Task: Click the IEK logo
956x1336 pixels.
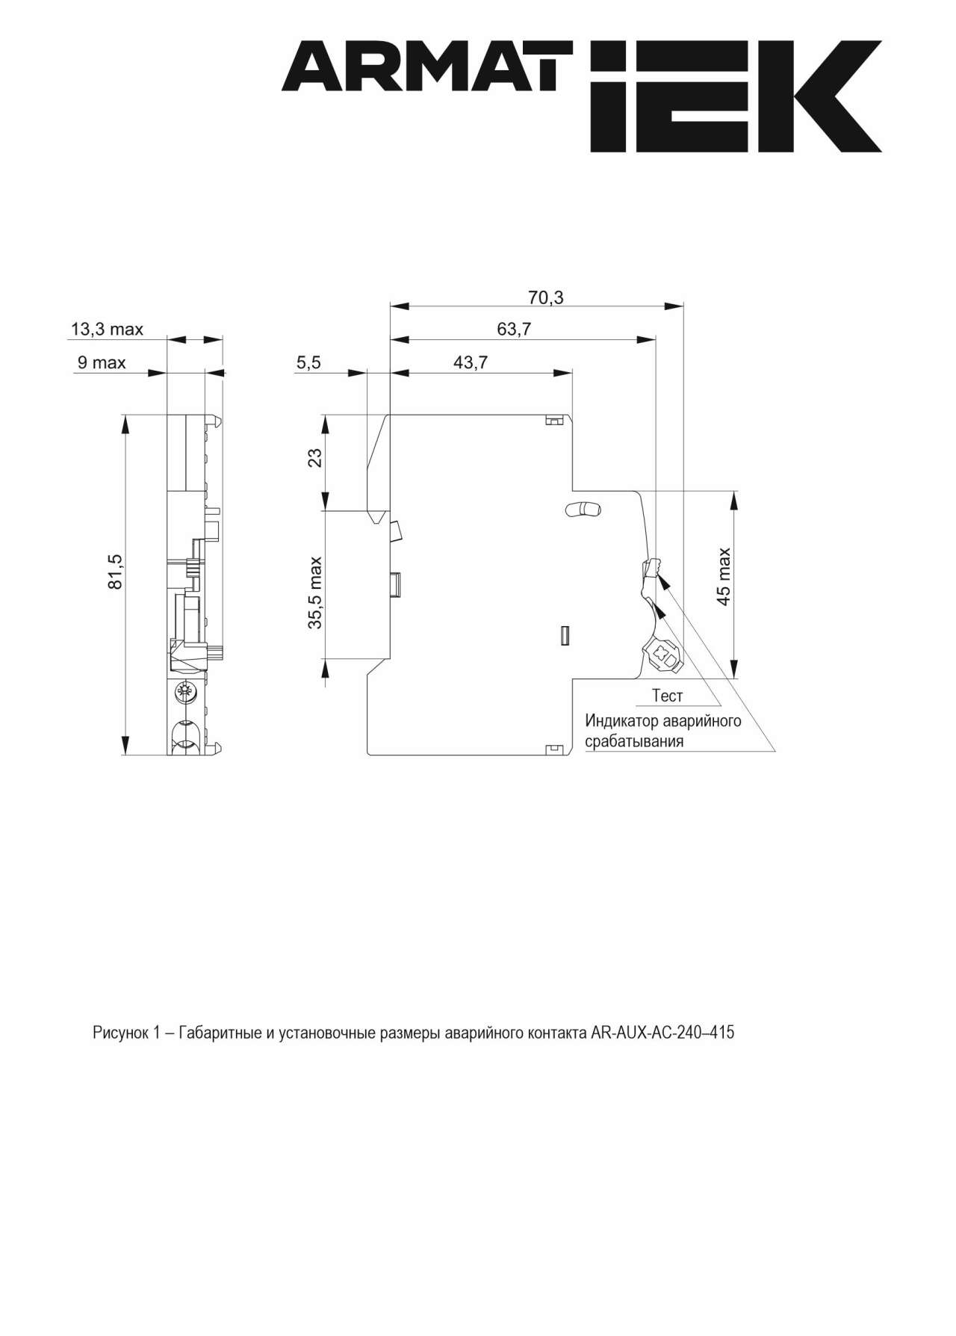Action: [735, 96]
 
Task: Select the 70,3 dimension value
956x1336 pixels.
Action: [546, 297]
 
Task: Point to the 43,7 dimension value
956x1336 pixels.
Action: [471, 362]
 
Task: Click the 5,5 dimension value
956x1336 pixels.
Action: [308, 362]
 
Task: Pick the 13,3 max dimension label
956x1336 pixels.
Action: [107, 329]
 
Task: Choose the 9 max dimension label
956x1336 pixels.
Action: [102, 363]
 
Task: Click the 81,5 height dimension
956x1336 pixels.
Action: [116, 572]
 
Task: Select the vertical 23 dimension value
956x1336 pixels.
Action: [315, 457]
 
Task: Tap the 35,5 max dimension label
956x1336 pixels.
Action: [315, 592]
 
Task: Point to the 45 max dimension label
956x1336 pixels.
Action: [723, 576]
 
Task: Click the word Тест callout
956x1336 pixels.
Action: [667, 696]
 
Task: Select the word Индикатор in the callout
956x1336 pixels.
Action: [621, 721]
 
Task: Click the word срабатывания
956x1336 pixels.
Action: [634, 742]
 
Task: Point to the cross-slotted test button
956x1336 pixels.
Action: [662, 655]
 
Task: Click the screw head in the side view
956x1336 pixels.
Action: [181, 692]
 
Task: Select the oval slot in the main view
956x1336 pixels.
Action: [583, 510]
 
